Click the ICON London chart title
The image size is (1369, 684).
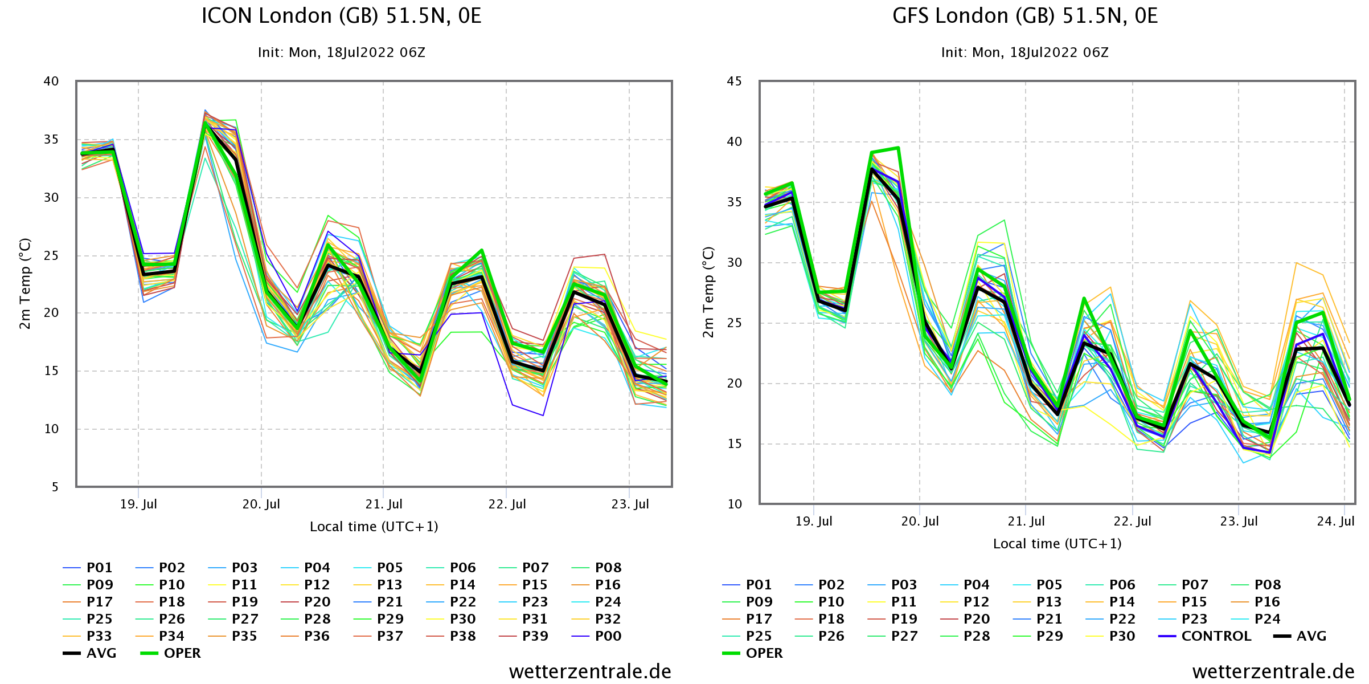(342, 16)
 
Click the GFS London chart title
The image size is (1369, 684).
(1025, 16)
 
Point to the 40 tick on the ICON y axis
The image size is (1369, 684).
(51, 82)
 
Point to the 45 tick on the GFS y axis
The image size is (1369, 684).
(735, 82)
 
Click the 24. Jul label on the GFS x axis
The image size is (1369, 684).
(1335, 522)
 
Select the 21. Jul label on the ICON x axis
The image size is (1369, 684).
(384, 504)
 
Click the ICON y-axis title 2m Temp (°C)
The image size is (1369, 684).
(24, 284)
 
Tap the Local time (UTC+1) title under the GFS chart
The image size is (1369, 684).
(1057, 544)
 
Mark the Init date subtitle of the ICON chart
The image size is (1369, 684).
(342, 52)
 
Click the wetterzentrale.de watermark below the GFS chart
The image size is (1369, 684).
(1273, 671)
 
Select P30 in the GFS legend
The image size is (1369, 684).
(1122, 636)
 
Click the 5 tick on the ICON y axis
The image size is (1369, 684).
(55, 487)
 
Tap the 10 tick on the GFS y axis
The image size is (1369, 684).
(735, 504)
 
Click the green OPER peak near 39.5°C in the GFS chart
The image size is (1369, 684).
(898, 148)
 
